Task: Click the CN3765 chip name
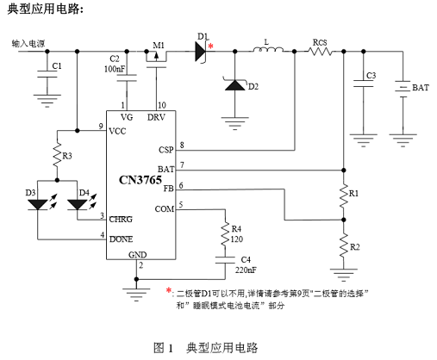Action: pos(140,180)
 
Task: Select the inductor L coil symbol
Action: pos(268,50)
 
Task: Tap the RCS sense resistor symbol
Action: pos(320,52)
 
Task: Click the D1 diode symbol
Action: pos(202,52)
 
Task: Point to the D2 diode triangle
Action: pos(235,84)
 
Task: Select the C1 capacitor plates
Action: pos(47,74)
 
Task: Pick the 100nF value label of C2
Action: pos(115,69)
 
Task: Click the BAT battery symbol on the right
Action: pos(403,89)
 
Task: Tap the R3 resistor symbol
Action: pos(57,155)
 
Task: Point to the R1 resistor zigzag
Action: pos(344,196)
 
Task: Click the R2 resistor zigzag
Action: pos(344,245)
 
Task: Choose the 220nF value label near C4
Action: pos(246,270)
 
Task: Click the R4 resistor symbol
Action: pos(225,233)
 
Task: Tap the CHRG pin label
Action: pos(121,220)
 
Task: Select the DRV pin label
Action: pos(156,117)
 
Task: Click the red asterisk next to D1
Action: pos(211,46)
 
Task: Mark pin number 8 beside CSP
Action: pos(182,146)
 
